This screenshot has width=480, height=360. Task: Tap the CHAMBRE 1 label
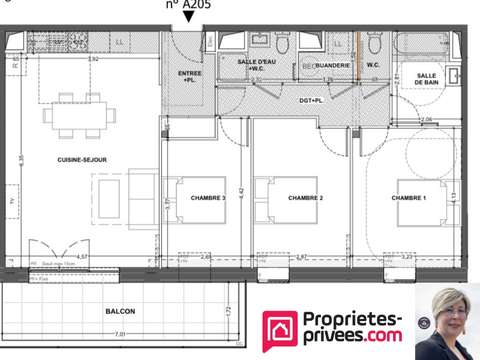(x=409, y=198)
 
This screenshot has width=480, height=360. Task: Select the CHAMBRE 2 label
(x=305, y=198)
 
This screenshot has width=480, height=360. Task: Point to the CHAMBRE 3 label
(x=208, y=198)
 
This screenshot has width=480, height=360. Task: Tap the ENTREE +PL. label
(x=189, y=78)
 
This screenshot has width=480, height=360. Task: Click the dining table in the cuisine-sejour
(x=78, y=113)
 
